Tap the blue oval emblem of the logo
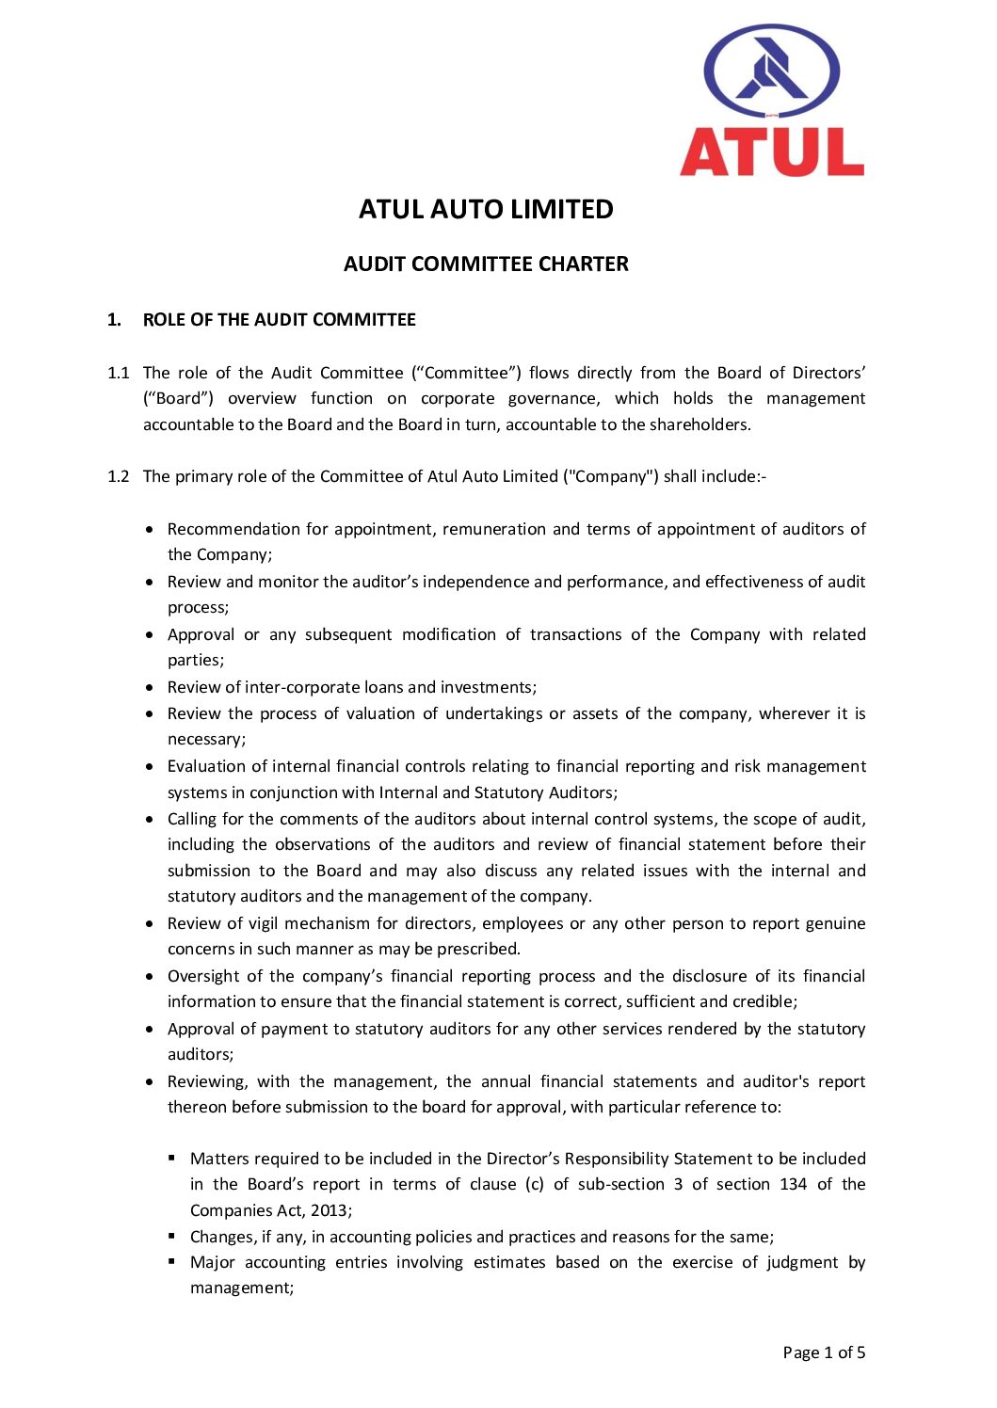point(772,72)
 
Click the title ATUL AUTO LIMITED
point(486,209)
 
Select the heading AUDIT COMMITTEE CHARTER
point(486,264)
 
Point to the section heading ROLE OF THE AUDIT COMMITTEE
point(279,320)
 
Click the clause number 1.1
point(119,374)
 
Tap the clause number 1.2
point(119,476)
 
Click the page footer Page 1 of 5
point(824,1352)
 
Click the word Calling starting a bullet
point(192,819)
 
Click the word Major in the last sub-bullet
point(212,1262)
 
